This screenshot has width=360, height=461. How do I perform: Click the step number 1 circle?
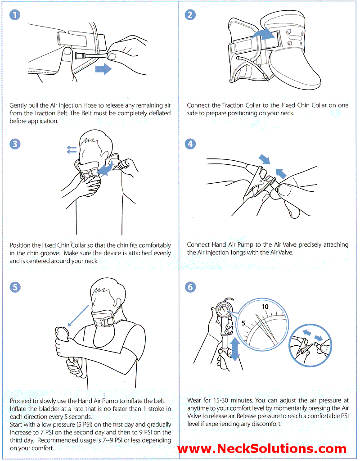(x=15, y=15)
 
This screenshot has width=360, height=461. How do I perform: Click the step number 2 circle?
(x=191, y=15)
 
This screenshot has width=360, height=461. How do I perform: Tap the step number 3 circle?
(x=15, y=144)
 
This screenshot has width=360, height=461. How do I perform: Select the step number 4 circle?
(x=191, y=144)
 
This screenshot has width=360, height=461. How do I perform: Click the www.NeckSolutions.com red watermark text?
(x=262, y=448)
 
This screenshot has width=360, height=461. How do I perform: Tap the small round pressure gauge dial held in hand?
(x=224, y=311)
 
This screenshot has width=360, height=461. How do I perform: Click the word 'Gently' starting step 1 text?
(x=19, y=105)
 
